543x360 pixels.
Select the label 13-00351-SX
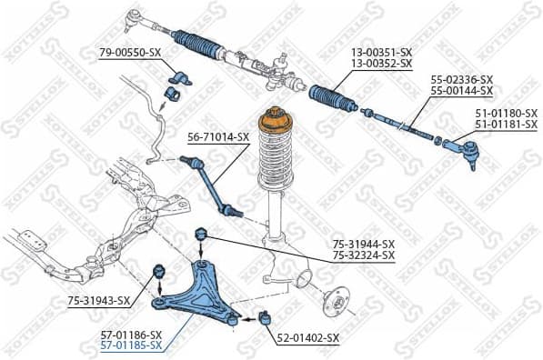pyautogui.click(x=381, y=54)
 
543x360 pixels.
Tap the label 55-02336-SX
pyautogui.click(x=461, y=80)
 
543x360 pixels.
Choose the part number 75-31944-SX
pyautogui.click(x=363, y=244)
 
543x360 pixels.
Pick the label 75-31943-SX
pyautogui.click(x=99, y=301)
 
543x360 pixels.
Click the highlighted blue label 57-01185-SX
pyautogui.click(x=131, y=345)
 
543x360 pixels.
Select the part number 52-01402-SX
pyautogui.click(x=307, y=337)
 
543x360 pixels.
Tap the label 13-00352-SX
pyautogui.click(x=381, y=65)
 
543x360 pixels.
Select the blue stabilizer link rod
pyautogui.click(x=212, y=186)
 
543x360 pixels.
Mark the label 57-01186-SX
pyautogui.click(x=131, y=335)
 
